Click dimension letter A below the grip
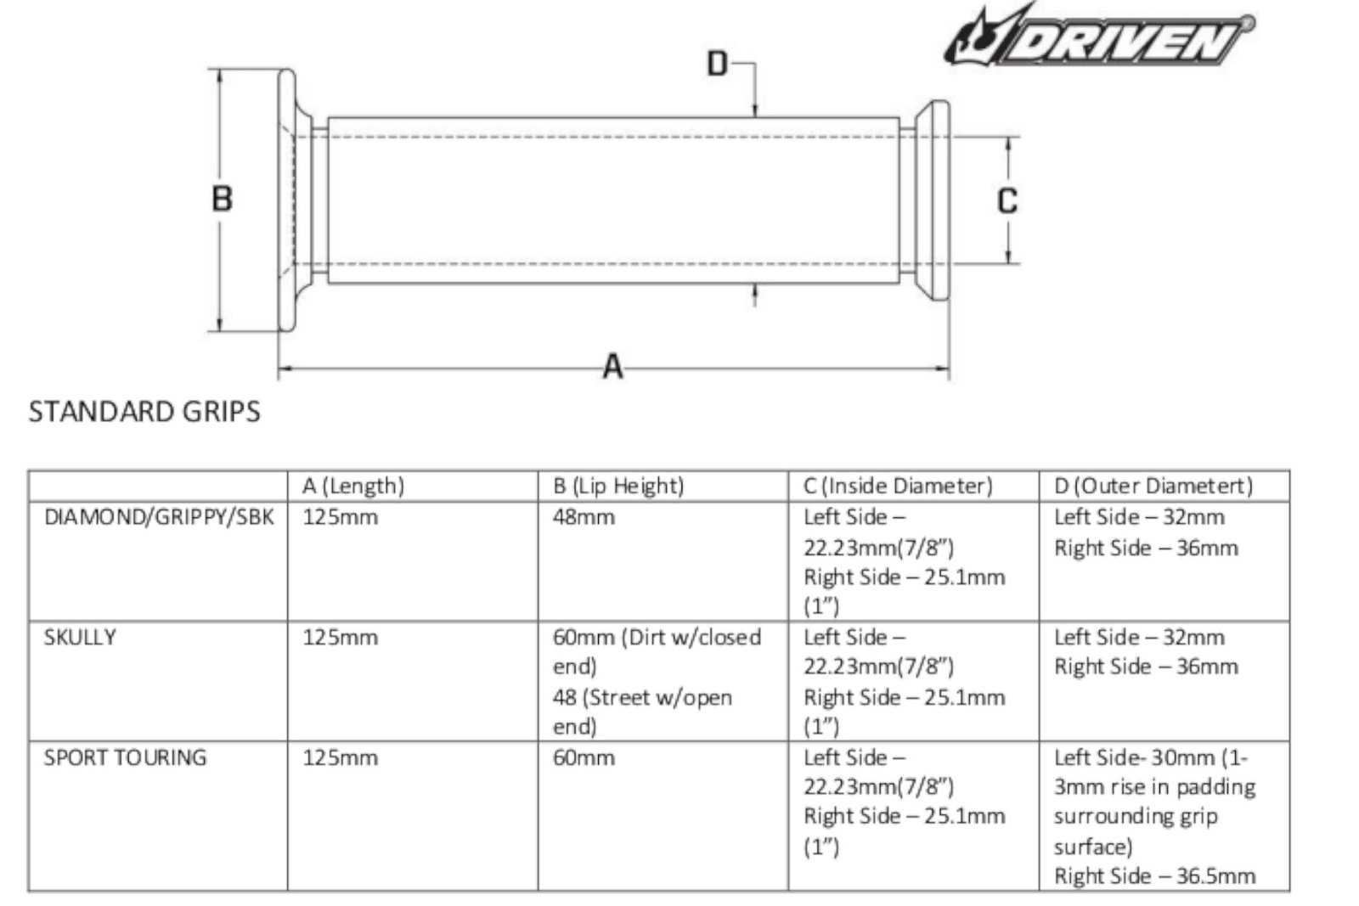[612, 366]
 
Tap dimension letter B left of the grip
[222, 199]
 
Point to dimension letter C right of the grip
[1007, 200]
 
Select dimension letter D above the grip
[717, 63]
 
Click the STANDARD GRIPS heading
[144, 412]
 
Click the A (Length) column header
[353, 486]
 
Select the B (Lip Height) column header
[618, 486]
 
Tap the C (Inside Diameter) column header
[898, 486]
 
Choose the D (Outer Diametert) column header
[1153, 486]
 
